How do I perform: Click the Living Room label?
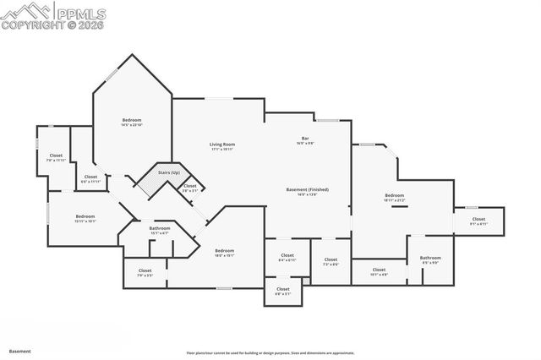[x=222, y=145]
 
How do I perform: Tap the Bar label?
[x=304, y=138]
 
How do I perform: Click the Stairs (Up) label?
[x=169, y=172]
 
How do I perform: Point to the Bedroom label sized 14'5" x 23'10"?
[x=131, y=121]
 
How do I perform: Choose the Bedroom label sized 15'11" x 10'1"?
[x=85, y=216]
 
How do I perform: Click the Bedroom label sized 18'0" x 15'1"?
[x=224, y=251]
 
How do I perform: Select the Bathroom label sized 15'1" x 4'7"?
[x=160, y=229]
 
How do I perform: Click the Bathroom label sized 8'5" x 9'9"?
[x=430, y=259]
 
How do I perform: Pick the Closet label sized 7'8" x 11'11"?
[x=56, y=156]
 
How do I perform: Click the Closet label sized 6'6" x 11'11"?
[x=90, y=177]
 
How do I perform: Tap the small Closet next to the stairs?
[x=190, y=187]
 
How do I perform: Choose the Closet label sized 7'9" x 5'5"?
[x=145, y=272]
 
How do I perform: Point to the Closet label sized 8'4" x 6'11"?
[x=287, y=256]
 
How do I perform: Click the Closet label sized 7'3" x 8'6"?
[x=331, y=260]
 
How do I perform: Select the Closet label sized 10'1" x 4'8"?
[x=379, y=271]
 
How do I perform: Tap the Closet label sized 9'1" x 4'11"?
[x=478, y=221]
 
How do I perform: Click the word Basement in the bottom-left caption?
[x=20, y=349]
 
